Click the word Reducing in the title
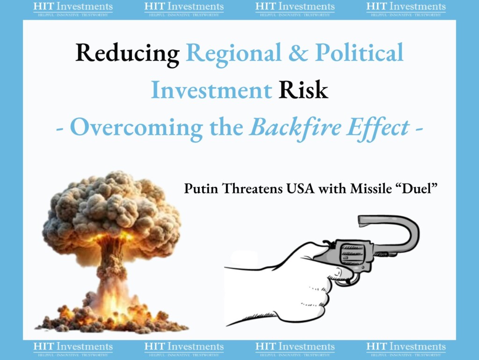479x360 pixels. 127,54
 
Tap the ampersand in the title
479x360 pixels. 298,52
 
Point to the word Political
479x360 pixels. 359,52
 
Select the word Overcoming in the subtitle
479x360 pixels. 137,128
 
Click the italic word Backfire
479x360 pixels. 296,127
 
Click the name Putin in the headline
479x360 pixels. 201,188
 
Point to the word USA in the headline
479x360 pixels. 300,188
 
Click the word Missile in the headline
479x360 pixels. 371,188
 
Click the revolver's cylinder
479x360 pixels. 352,255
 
